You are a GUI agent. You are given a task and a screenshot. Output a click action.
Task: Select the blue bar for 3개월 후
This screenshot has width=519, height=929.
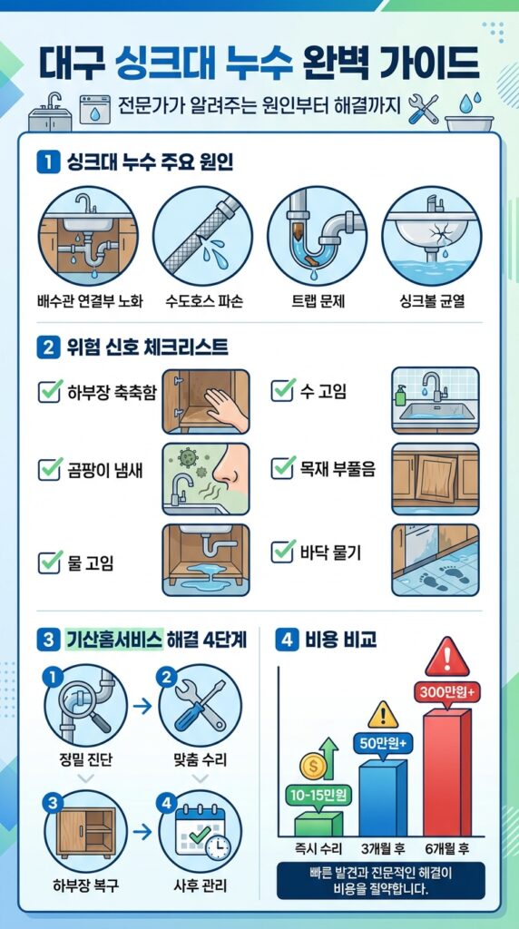(383, 797)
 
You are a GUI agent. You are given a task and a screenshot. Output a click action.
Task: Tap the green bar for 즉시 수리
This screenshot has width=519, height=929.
(318, 824)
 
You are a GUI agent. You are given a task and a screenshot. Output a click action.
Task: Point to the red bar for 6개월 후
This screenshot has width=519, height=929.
(447, 772)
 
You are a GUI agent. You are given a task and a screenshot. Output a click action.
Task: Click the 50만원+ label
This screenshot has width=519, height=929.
(383, 742)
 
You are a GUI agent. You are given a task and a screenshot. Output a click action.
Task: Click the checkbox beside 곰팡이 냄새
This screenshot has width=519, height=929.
(51, 469)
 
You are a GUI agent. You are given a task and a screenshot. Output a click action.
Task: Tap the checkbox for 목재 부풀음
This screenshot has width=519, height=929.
(282, 468)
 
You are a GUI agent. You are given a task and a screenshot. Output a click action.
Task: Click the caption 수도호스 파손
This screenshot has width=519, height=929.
(204, 301)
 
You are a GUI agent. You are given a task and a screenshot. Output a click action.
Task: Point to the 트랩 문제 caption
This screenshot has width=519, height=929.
(318, 301)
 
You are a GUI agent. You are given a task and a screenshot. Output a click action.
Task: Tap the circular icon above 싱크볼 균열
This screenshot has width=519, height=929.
(432, 236)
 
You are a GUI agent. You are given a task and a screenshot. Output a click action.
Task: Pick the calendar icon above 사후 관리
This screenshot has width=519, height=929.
(201, 831)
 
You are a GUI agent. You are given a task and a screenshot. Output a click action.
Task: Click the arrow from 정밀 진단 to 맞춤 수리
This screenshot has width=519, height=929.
(142, 706)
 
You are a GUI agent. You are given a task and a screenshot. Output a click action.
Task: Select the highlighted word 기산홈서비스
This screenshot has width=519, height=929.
(113, 641)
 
